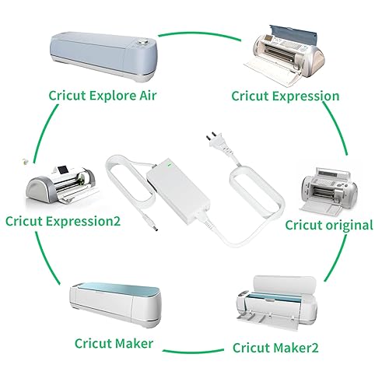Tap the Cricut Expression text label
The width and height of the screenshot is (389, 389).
[286, 96]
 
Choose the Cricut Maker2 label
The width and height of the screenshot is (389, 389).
[286, 348]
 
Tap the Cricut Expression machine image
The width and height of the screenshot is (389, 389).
[287, 50]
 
